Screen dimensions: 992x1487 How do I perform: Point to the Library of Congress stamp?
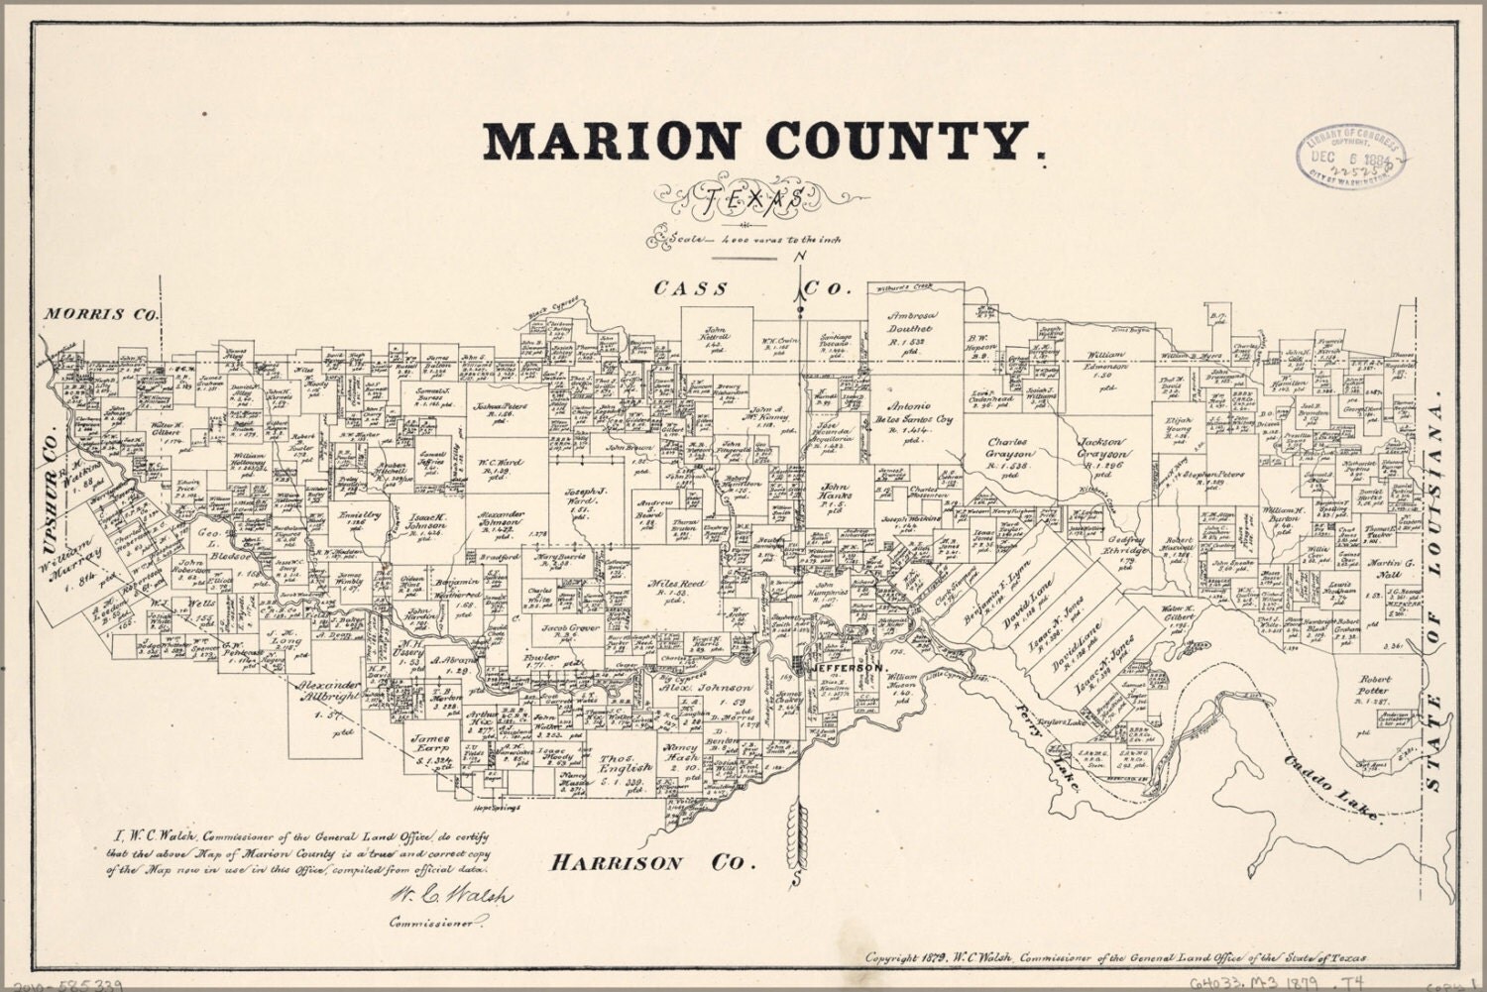pos(1351,158)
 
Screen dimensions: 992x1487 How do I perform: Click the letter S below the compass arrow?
pos(797,880)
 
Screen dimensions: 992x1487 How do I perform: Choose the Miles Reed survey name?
pos(676,584)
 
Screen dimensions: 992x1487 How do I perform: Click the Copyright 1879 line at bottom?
pos(1115,958)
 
